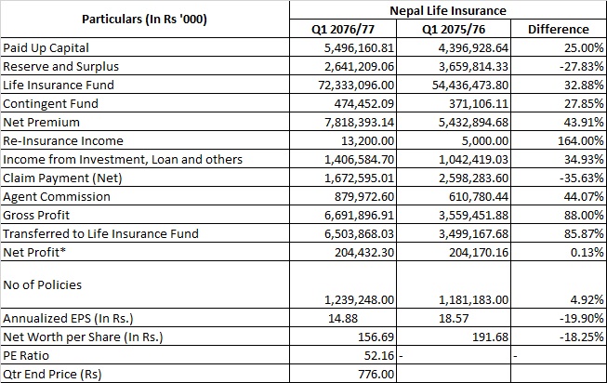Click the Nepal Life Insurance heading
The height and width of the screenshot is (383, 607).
coord(447,10)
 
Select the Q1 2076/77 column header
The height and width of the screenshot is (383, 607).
coord(343,30)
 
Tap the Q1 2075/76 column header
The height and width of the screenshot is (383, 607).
coord(454,30)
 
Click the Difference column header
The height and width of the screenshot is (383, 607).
coord(559,30)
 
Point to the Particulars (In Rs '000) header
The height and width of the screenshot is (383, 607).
coord(144,20)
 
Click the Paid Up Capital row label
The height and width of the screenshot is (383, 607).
coord(46,48)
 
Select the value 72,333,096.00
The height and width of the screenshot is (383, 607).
coord(356,86)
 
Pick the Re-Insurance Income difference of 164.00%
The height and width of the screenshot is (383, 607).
coord(580,141)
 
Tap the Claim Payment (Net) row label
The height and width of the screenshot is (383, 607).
coord(62,178)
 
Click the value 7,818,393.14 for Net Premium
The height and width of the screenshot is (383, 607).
coord(359,123)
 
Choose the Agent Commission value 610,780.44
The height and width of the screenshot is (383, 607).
coord(479,197)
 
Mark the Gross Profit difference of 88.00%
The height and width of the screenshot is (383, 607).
coord(584,216)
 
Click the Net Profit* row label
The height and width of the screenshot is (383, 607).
coord(34,253)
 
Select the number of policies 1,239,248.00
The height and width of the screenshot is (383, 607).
coord(359,300)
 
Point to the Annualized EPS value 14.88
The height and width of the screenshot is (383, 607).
coord(343,318)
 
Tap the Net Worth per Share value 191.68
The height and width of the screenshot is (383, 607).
coord(490,337)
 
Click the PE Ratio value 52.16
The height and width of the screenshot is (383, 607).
coord(379,355)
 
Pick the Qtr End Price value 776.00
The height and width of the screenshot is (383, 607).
coord(376,374)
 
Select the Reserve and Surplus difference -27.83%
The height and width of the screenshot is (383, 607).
coord(582,67)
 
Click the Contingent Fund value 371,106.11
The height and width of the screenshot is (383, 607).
coord(479,104)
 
